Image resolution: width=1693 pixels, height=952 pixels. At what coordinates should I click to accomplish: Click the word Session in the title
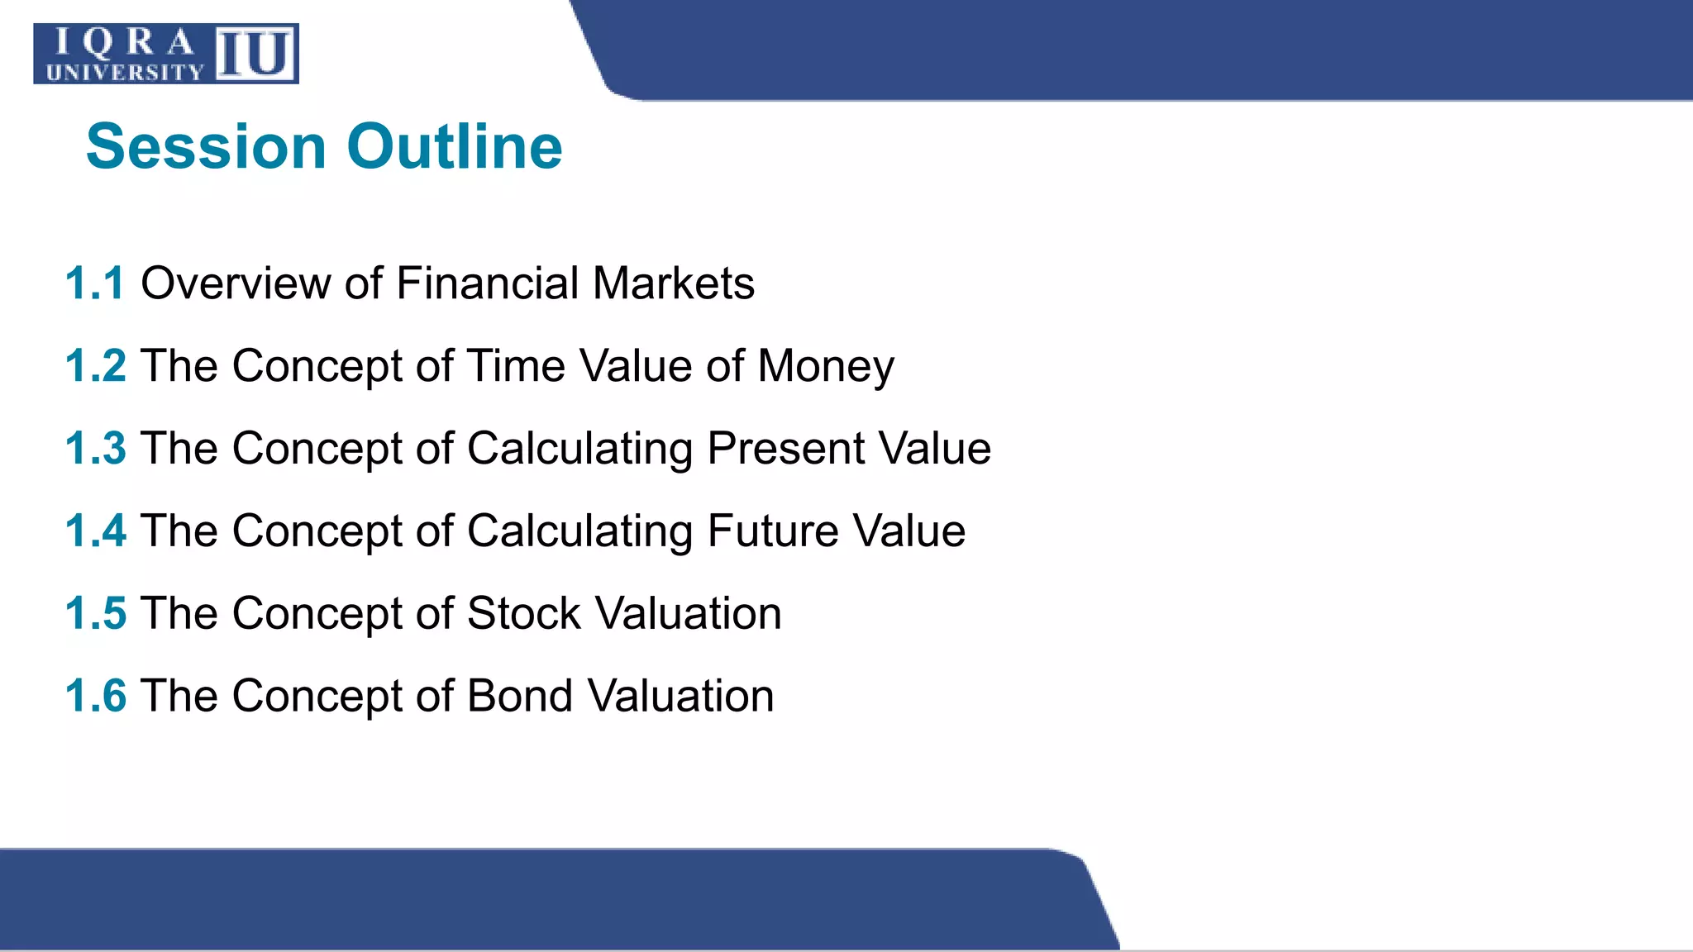click(207, 147)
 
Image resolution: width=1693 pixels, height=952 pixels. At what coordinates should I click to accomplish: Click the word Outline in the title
click(455, 147)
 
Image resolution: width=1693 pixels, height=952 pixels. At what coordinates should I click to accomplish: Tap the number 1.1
click(95, 283)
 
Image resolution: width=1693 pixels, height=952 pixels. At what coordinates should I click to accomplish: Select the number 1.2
click(95, 365)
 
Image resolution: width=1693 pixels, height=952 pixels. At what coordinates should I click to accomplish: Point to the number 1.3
click(95, 448)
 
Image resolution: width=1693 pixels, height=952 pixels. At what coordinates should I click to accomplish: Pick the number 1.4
click(95, 531)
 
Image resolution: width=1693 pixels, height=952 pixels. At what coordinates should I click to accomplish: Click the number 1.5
click(95, 613)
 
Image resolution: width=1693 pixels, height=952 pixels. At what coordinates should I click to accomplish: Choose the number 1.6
click(95, 696)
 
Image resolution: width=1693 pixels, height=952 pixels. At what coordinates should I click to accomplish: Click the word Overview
click(236, 283)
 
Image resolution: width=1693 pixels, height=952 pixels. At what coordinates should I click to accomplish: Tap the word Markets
click(673, 283)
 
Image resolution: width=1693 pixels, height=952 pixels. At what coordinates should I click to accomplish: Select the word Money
click(825, 366)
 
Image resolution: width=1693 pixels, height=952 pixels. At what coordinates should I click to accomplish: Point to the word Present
click(785, 449)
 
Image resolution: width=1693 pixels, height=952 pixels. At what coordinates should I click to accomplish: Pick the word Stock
click(523, 614)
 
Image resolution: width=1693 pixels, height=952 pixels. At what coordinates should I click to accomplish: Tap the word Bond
click(519, 697)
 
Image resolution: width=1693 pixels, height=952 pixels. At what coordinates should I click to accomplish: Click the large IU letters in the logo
click(255, 55)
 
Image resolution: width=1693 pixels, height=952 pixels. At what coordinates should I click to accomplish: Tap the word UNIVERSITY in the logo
click(125, 73)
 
